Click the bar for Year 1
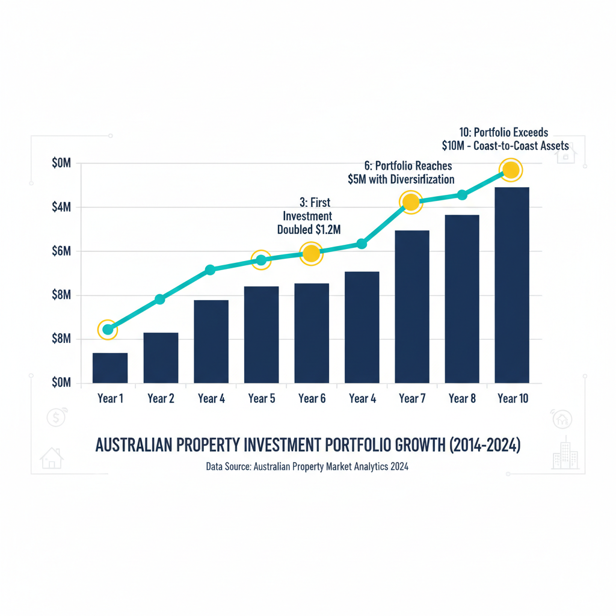click(x=110, y=368)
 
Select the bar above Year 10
click(x=512, y=285)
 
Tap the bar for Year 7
click(x=412, y=307)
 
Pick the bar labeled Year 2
click(x=161, y=358)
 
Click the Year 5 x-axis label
click(x=261, y=398)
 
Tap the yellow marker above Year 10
click(x=511, y=170)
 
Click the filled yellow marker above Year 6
click(x=311, y=254)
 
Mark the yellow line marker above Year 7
click(x=411, y=203)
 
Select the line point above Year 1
click(x=108, y=329)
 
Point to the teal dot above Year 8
click(x=462, y=194)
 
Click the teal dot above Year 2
click(x=160, y=299)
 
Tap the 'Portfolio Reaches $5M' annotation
click(x=401, y=173)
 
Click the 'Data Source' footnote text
click(x=307, y=466)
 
